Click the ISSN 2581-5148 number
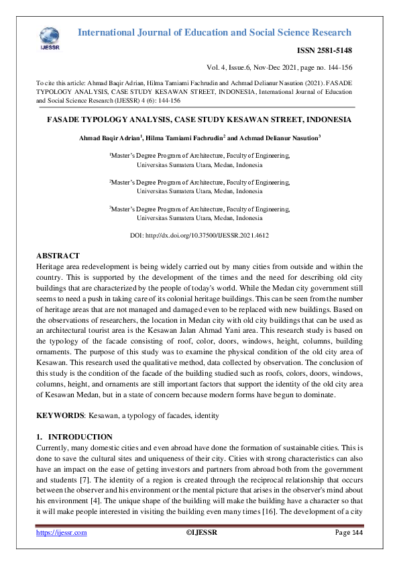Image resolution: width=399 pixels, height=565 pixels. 324,50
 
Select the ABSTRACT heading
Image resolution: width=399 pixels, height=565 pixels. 57,256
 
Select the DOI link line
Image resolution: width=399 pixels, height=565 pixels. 198,236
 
